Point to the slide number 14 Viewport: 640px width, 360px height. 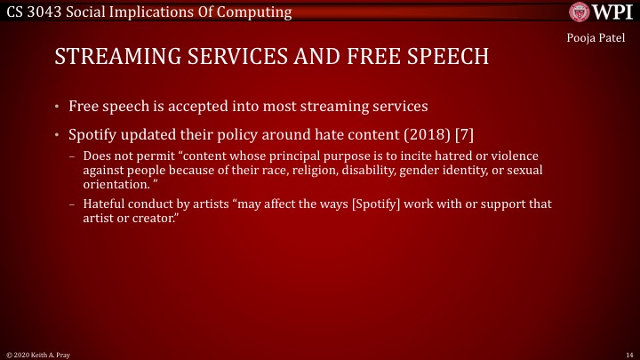[x=629, y=354]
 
